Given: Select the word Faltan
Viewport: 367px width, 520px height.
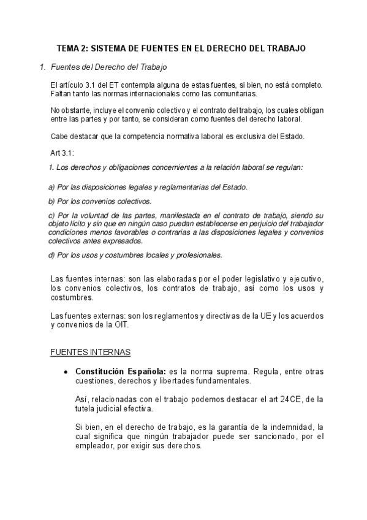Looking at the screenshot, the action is click(61, 94).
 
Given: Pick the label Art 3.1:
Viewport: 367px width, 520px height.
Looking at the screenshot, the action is click(62, 152).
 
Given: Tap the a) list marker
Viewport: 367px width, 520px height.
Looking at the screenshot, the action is click(51, 187).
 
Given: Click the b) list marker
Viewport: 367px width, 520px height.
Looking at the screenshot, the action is click(51, 201).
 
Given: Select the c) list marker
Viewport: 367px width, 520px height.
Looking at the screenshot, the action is click(51, 215).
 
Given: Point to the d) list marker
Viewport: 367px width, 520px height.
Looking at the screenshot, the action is click(51, 254).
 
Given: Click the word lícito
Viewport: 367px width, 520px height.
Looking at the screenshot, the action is click(78, 224).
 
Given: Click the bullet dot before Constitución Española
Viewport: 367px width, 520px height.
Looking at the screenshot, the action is click(65, 372).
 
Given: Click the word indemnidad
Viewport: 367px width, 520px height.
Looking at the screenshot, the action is click(294, 426).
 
